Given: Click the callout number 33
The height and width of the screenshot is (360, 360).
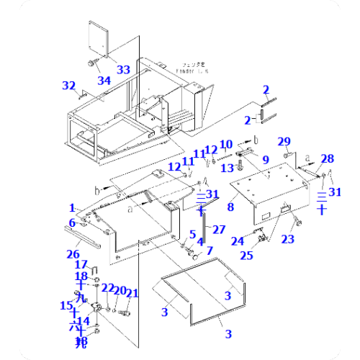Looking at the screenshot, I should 124,70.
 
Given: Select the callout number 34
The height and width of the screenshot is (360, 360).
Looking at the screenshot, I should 105,81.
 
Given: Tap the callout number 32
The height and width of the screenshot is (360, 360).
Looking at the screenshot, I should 69,86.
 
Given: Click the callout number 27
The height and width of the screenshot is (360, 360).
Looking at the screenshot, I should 219,229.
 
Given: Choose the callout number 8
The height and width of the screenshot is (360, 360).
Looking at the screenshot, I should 230,207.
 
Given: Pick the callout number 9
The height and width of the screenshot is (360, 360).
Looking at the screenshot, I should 265,159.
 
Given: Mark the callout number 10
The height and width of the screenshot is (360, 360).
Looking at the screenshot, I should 225,144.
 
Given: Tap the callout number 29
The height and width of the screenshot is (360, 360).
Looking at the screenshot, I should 284,140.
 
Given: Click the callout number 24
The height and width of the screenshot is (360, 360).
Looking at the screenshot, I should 238,240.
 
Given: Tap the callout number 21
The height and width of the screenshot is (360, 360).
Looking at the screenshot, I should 132,292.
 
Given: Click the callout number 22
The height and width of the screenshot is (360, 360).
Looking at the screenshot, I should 107,288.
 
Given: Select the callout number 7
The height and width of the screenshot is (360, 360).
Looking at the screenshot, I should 210,251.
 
